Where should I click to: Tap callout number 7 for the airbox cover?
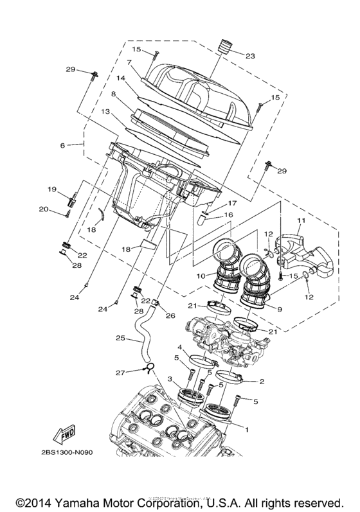tap(129, 62)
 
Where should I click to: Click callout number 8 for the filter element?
tap(113, 94)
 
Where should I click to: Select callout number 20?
tap(44, 209)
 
